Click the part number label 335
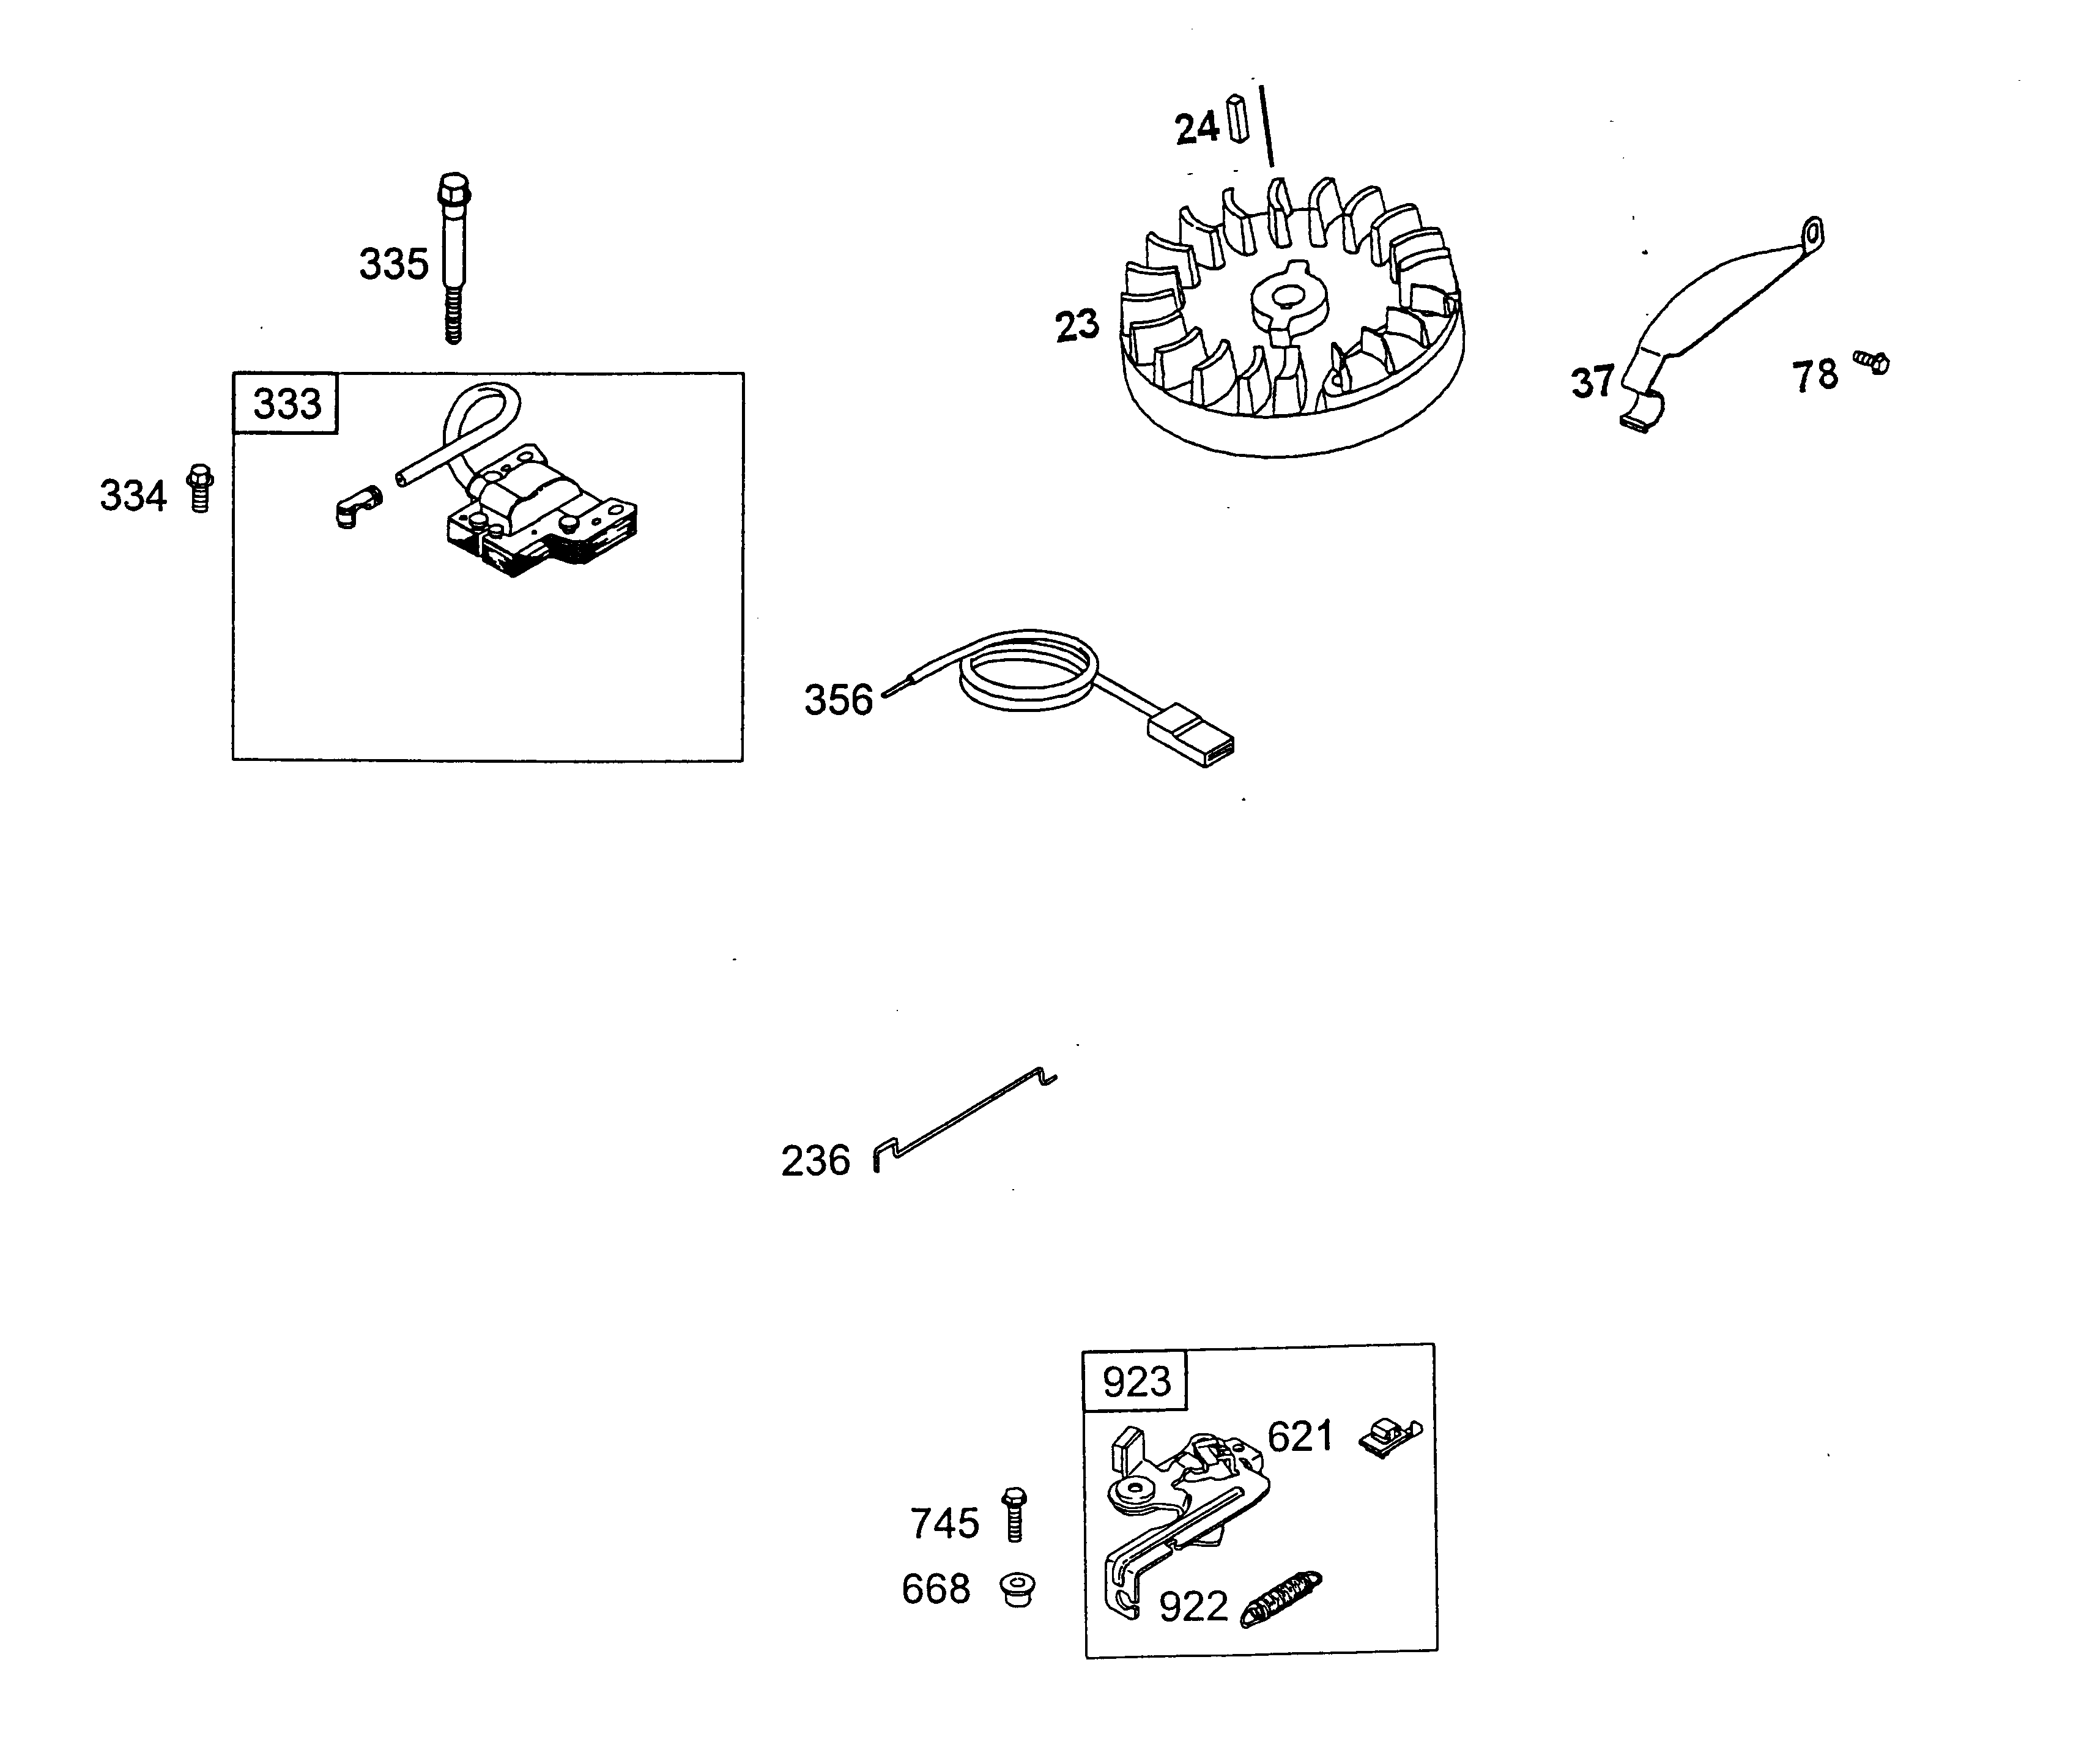(393, 265)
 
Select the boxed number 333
(287, 403)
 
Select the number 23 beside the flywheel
(1077, 325)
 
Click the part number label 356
(839, 700)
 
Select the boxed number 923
(1136, 1381)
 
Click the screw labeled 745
(1014, 1515)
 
